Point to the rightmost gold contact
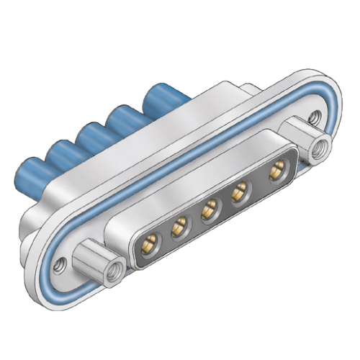pos(274,172)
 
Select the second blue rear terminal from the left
pos(63,153)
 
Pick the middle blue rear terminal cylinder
pos(94,135)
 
